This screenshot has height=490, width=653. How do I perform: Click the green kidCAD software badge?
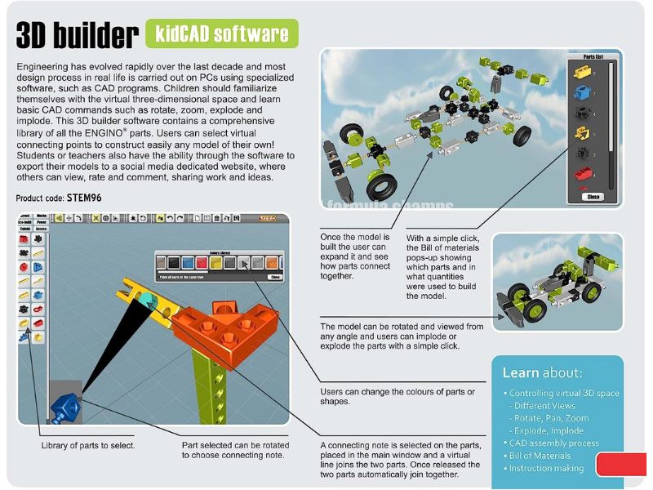[221, 33]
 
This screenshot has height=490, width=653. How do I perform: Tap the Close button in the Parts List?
[593, 197]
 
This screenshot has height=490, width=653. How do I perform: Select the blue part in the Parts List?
[582, 72]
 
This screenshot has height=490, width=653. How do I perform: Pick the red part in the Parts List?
[582, 172]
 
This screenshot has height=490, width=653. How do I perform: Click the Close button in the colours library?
[274, 277]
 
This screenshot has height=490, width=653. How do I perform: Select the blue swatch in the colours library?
[189, 263]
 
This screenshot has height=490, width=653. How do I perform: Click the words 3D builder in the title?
[77, 35]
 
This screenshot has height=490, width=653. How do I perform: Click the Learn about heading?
[542, 372]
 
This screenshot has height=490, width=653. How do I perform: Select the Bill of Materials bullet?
[540, 456]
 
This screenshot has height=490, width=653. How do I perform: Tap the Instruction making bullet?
[545, 469]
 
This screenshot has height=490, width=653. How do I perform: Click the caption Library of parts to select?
[88, 445]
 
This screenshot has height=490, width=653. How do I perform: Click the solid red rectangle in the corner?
[621, 464]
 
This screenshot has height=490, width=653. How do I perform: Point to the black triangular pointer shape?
[102, 351]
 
